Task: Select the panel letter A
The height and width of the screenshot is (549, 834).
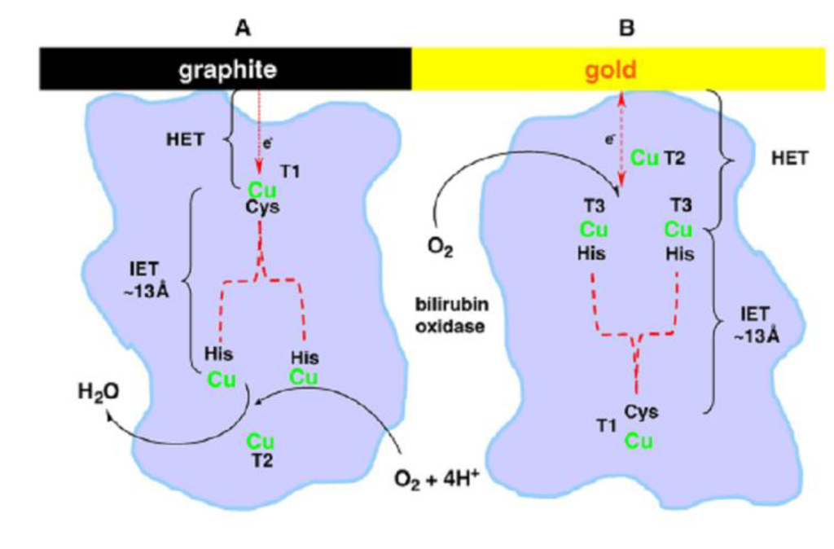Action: coord(241,29)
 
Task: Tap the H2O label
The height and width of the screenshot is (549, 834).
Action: coord(99,392)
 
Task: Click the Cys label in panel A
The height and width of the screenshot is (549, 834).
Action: coord(263,206)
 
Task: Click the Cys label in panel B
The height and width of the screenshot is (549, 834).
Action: coord(642,412)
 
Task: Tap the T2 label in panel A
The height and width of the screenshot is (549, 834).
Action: coord(261,460)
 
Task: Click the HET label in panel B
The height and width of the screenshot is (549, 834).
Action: coord(788,158)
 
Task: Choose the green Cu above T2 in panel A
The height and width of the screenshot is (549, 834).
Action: coord(261,441)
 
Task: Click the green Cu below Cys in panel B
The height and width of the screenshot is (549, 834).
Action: coord(640,441)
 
